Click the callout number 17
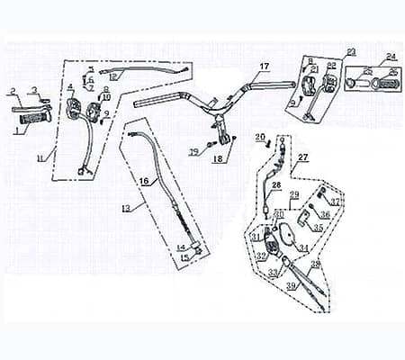(x=265, y=67)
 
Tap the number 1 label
(x=15, y=130)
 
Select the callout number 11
(x=40, y=158)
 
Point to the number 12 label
(x=112, y=77)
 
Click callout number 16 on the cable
(x=143, y=181)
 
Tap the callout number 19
(x=193, y=153)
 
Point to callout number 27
(x=302, y=157)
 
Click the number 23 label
(x=351, y=51)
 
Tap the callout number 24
(x=390, y=57)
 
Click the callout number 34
(x=303, y=247)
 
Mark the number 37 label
(x=335, y=202)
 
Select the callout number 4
(x=70, y=86)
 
